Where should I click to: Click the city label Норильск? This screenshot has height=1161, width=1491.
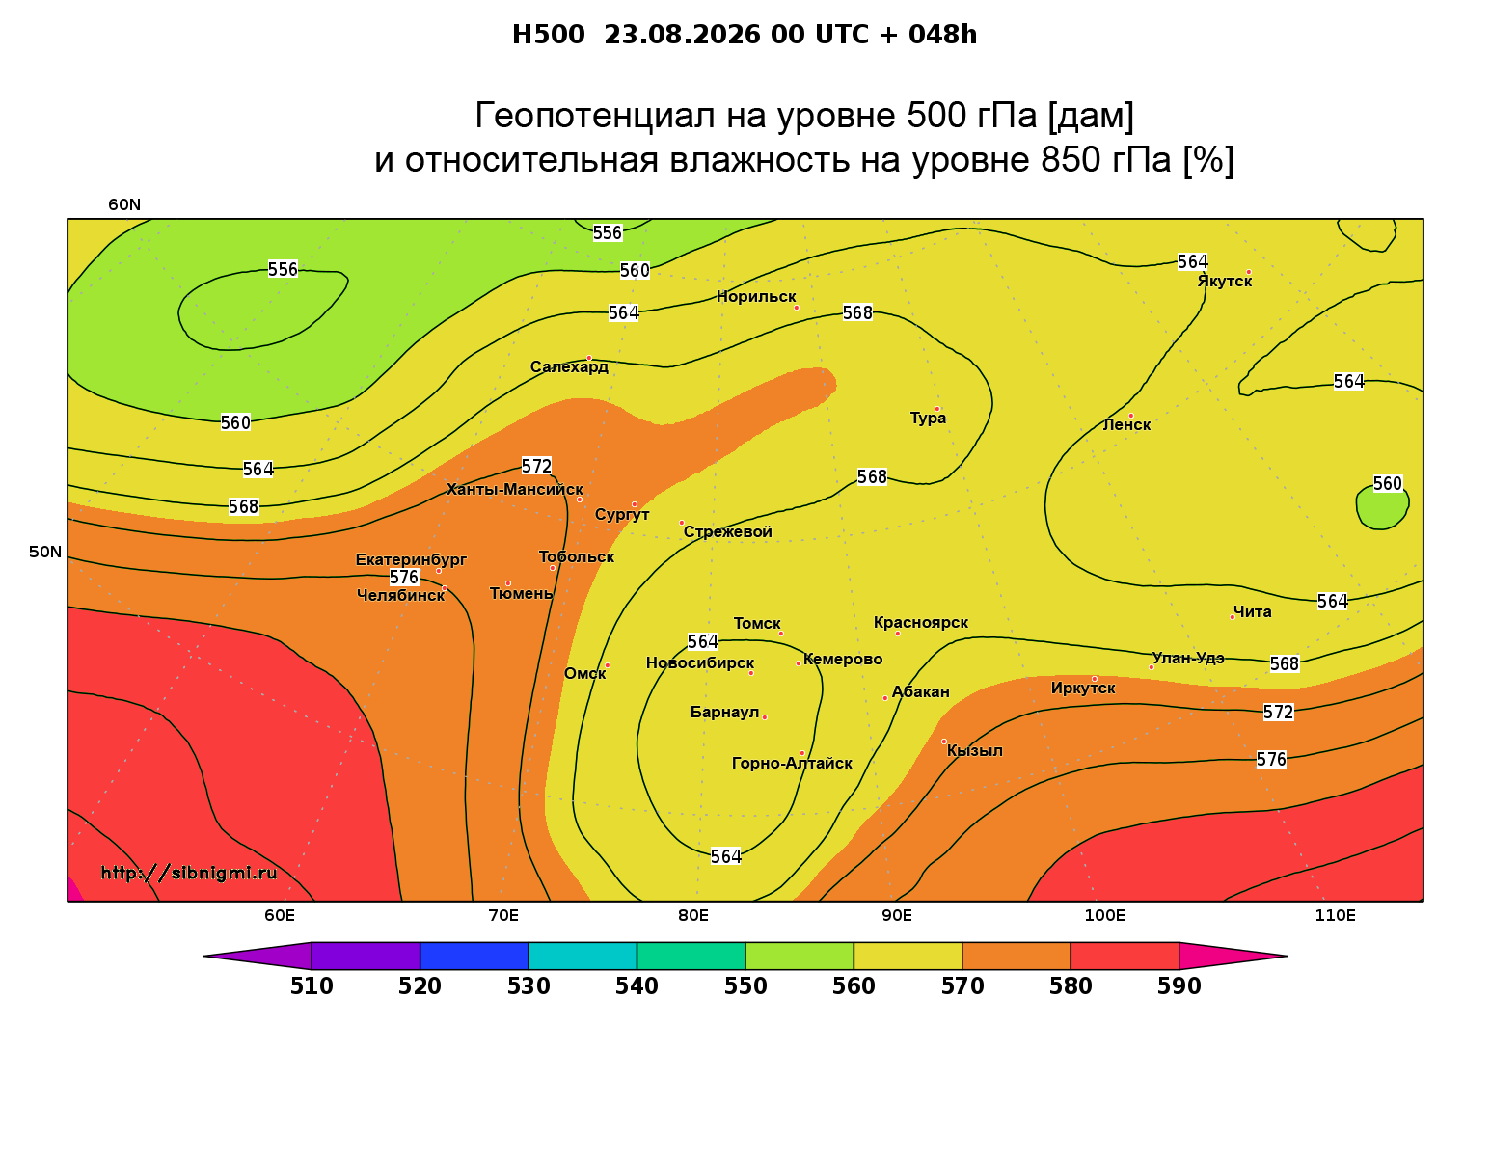click(755, 297)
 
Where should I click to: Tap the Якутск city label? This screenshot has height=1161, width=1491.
click(1224, 282)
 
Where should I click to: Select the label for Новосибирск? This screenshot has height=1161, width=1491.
click(699, 663)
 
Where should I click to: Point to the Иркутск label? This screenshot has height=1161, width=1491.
click(1082, 688)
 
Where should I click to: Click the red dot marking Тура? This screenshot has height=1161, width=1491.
click(936, 409)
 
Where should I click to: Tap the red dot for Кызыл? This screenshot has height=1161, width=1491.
click(943, 742)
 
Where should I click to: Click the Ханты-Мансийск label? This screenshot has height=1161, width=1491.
click(514, 490)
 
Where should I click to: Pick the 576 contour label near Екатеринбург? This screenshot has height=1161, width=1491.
click(403, 578)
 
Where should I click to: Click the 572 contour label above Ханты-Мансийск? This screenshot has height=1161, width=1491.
click(536, 467)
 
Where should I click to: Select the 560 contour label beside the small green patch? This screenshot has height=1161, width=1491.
click(1387, 483)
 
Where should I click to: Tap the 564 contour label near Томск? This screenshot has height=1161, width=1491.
click(703, 642)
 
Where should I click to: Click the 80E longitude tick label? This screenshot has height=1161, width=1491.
click(693, 915)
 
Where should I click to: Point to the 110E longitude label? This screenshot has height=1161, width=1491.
click(1335, 915)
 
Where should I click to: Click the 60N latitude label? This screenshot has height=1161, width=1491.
click(124, 205)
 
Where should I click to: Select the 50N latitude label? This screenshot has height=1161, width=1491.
click(44, 552)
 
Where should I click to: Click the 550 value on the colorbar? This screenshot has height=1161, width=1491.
click(745, 986)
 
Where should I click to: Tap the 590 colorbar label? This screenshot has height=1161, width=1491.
click(1179, 986)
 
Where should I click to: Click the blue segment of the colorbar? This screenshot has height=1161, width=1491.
click(474, 956)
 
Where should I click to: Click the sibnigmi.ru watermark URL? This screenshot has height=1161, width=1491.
click(189, 873)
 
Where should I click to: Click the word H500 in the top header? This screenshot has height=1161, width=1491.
click(548, 35)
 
